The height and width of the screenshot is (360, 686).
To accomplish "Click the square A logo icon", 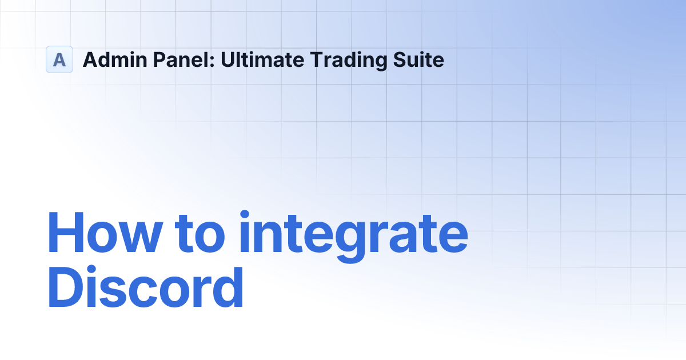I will pos(59,59).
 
